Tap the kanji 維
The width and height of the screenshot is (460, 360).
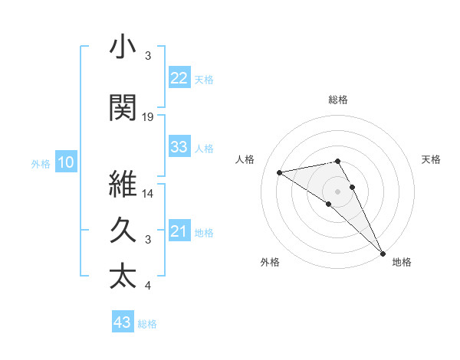click(x=123, y=185)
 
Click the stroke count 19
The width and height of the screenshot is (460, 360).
click(x=148, y=117)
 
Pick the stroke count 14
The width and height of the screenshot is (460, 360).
click(x=148, y=194)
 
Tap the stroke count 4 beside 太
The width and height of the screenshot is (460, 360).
click(x=148, y=286)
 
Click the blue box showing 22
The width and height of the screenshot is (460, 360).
click(x=179, y=78)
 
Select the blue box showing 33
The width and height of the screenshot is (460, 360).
click(x=179, y=147)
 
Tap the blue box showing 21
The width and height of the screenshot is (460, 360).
click(x=179, y=231)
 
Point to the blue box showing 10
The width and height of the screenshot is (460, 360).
click(x=65, y=162)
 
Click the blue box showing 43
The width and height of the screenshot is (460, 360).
click(x=123, y=322)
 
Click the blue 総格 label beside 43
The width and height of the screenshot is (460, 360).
click(x=147, y=324)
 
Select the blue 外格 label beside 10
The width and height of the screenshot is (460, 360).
click(x=40, y=163)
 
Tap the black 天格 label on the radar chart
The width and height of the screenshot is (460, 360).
click(x=431, y=159)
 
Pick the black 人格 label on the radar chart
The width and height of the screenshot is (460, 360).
click(x=246, y=159)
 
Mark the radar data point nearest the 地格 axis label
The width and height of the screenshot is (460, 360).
click(x=383, y=252)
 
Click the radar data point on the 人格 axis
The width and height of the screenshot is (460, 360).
click(x=280, y=172)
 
